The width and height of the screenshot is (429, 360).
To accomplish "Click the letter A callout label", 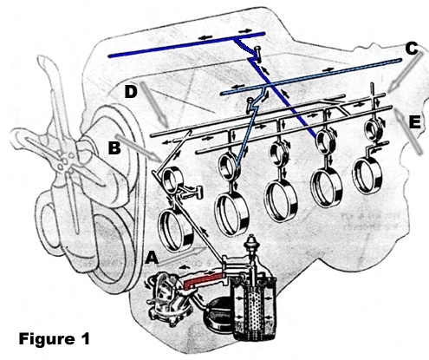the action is click(x=152, y=258).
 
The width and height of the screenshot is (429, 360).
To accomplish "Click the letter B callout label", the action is click(x=114, y=147).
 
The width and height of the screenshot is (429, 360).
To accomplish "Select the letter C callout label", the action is click(x=412, y=49).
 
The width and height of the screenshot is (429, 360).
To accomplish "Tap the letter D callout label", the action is click(x=131, y=92).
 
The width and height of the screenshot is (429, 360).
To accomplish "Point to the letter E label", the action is click(x=415, y=122).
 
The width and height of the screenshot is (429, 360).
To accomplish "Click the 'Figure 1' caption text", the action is click(x=55, y=338).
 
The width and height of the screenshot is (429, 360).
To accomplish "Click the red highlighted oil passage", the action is click(x=203, y=280).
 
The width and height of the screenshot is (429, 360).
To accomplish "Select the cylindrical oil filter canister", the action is click(x=254, y=306).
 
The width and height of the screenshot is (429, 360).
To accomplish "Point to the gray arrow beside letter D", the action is click(x=154, y=105).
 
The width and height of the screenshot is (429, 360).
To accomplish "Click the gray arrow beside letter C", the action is click(x=406, y=72).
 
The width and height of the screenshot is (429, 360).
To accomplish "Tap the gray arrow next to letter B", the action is click(x=138, y=148).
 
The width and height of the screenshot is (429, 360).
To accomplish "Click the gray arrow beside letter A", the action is click(x=183, y=256).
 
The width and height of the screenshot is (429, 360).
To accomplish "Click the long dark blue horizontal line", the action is click(x=186, y=45).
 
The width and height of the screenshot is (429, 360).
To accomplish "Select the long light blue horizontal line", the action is click(x=311, y=76).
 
